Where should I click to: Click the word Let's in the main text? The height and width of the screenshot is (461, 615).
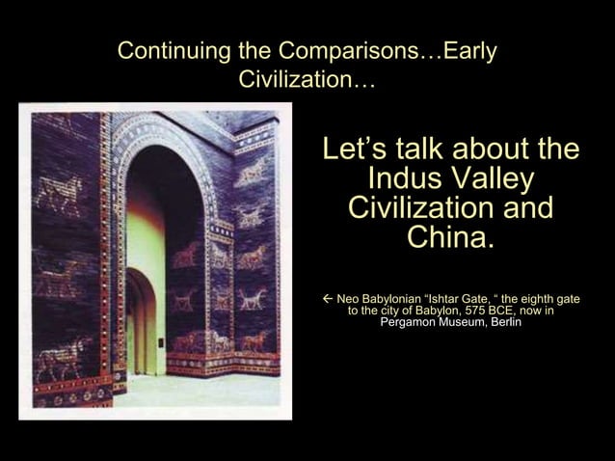click(x=355, y=151)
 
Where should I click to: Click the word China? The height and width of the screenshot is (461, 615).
click(x=450, y=236)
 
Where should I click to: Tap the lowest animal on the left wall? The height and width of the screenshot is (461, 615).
click(x=61, y=360)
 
